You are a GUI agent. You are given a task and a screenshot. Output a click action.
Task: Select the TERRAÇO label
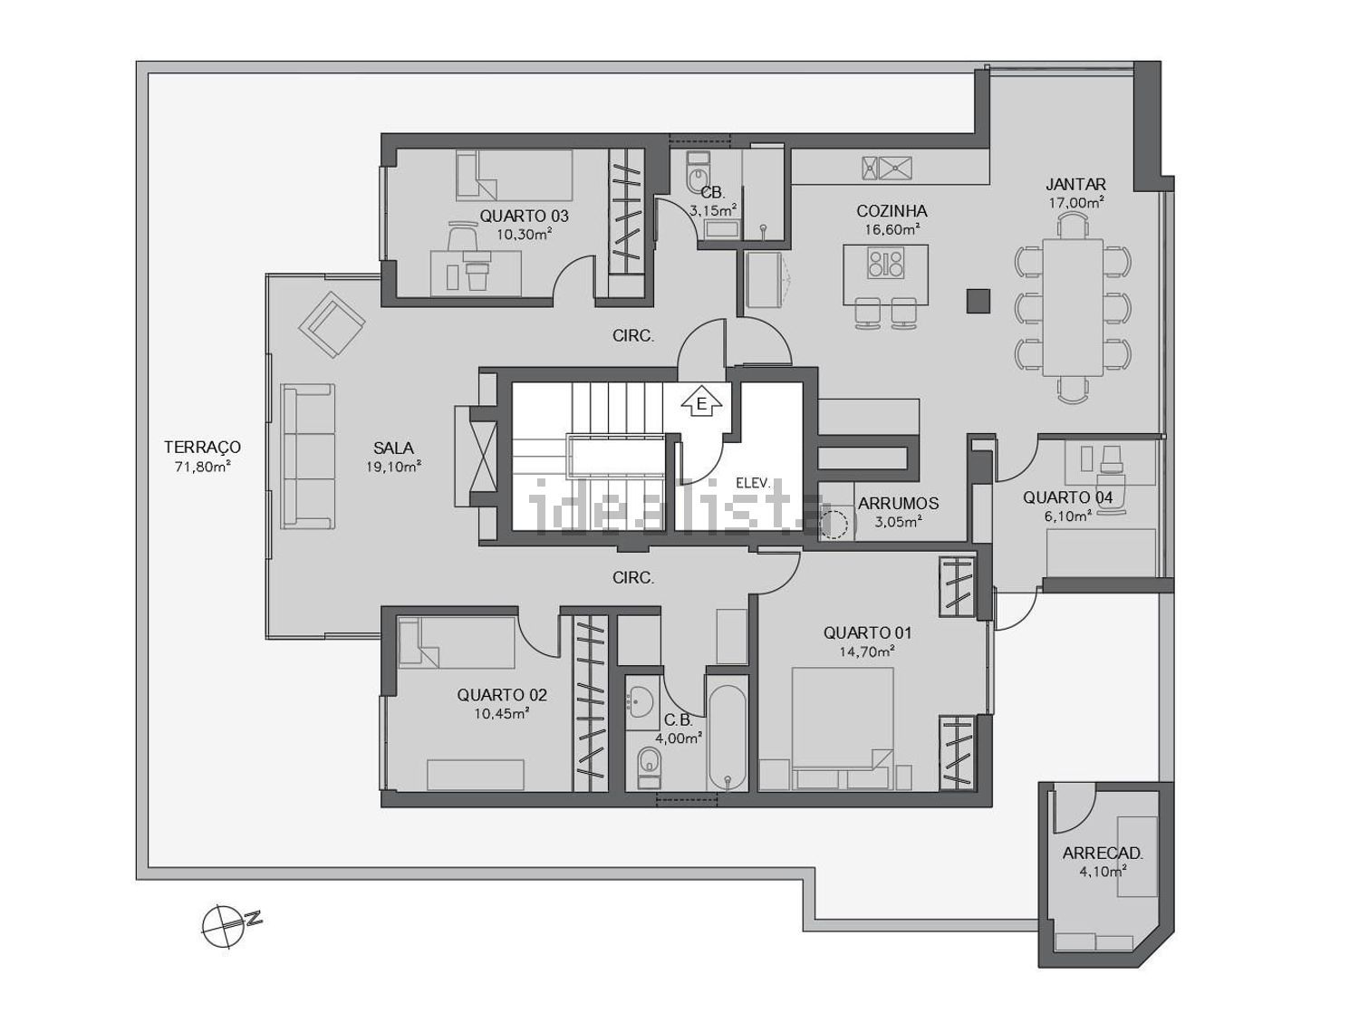point(202,447)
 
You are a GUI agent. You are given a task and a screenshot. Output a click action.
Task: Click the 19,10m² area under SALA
point(394,467)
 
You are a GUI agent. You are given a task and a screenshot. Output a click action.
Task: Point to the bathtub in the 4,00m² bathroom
point(727,737)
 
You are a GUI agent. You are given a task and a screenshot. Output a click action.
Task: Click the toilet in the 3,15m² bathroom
point(698,173)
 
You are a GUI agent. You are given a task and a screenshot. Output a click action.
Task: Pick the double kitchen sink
point(887,168)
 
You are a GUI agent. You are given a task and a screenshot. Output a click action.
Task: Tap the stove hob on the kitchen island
point(886,262)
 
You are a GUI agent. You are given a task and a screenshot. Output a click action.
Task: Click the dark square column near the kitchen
point(978,302)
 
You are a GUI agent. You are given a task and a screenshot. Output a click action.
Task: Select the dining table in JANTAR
point(1073,308)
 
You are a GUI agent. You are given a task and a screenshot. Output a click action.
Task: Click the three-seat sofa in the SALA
point(308,457)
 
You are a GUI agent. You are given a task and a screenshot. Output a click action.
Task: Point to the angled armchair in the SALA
point(332,323)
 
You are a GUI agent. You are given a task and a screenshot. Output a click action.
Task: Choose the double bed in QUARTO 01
point(843,728)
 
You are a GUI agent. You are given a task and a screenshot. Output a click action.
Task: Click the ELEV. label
point(754,484)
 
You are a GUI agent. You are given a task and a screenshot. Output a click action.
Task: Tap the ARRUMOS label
point(898,504)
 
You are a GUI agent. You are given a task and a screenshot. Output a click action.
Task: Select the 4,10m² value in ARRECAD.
point(1103,872)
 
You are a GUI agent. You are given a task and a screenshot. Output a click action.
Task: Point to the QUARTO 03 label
point(524,216)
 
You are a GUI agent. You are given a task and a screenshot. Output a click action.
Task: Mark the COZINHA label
point(892,211)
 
